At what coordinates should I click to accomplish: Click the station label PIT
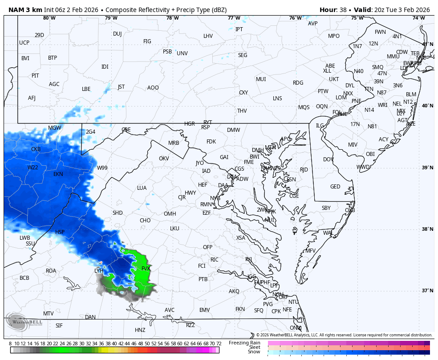point(35,76)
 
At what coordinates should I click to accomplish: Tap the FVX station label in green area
point(146,269)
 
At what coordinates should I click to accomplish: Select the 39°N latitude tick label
point(427,168)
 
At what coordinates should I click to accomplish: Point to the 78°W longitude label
point(172,18)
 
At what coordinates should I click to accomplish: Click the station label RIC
point(214,260)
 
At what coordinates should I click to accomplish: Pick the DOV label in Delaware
point(328,160)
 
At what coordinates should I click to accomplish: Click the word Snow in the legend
point(254,352)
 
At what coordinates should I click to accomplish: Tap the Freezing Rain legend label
point(244,343)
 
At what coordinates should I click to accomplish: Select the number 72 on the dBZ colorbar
point(219,344)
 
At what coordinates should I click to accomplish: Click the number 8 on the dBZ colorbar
point(10,344)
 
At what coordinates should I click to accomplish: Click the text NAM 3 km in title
point(25,10)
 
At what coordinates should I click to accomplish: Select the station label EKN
point(58,174)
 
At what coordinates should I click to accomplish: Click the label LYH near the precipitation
point(99,271)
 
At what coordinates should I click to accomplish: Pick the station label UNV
point(182,53)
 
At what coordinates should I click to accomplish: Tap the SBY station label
point(326,208)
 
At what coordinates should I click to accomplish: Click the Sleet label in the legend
point(254,347)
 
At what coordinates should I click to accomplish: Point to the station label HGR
point(190,124)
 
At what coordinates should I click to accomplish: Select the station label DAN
point(90,317)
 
